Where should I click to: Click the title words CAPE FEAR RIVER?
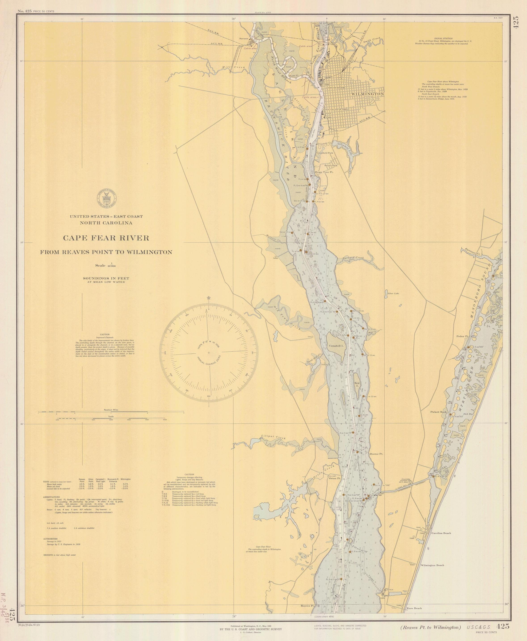(106, 238)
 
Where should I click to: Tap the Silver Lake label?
(393, 293)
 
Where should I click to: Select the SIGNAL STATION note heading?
(443, 38)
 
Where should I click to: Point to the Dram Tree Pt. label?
(324, 172)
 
